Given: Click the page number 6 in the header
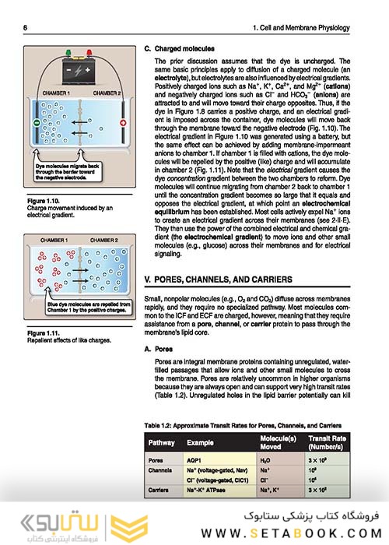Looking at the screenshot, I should point(25,29).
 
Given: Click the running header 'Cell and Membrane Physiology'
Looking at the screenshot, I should point(317,29).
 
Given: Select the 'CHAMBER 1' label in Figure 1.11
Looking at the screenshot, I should point(53,241).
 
